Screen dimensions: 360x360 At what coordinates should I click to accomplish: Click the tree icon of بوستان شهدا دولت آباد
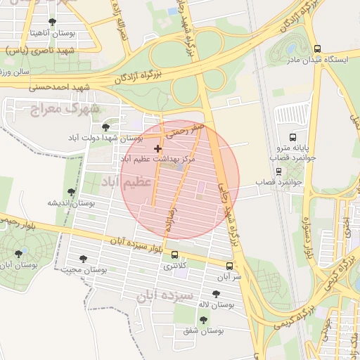105,127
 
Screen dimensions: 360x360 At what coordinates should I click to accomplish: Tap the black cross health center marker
157,148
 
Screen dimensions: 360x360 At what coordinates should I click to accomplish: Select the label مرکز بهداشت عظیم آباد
167,160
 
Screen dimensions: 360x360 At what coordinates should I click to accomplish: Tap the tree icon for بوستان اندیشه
70,191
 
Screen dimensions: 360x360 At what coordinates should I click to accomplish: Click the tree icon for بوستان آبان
18,253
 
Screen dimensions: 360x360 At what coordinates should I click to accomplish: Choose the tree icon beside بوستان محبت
84,259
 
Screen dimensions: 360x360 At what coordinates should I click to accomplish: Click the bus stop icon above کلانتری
174,255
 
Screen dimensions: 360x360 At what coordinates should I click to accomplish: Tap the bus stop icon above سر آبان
229,266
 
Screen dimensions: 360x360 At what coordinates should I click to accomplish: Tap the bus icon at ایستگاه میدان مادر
318,49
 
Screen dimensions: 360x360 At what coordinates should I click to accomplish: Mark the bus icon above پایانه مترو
292,137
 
